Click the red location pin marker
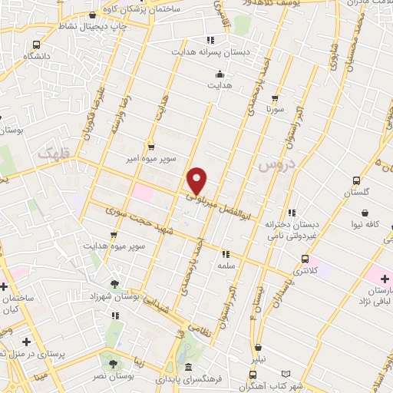[197, 180]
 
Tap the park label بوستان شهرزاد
[117, 296]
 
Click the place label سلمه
[225, 265]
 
